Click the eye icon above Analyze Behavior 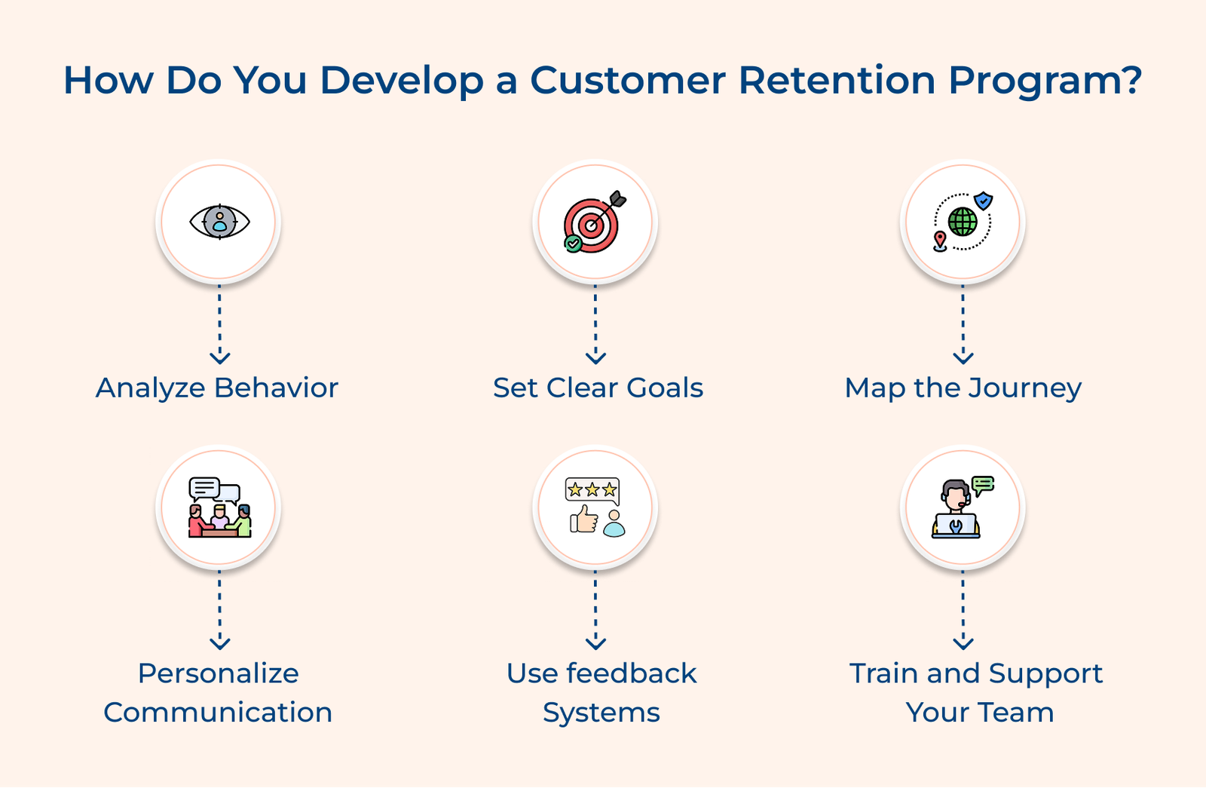point(219,222)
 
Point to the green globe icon point(963,222)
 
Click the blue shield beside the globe point(983,201)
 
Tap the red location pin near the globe point(940,241)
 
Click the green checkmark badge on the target point(574,243)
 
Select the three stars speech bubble point(592,490)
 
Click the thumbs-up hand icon point(583,519)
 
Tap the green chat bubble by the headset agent point(983,485)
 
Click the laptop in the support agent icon point(956,525)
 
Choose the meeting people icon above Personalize point(219,507)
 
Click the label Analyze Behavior point(217,388)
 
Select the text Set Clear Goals point(598,388)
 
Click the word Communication point(218,712)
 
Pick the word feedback point(632,673)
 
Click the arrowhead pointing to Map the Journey point(963,357)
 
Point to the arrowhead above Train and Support point(963,643)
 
